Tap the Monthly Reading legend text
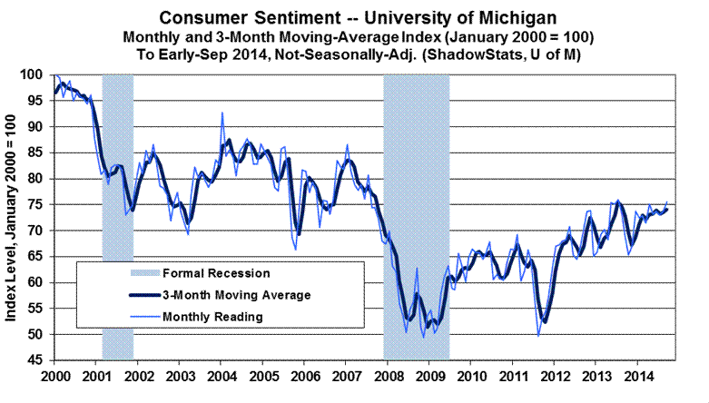[x=213, y=317]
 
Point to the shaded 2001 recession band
[x=118, y=218]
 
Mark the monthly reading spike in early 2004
[x=222, y=113]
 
